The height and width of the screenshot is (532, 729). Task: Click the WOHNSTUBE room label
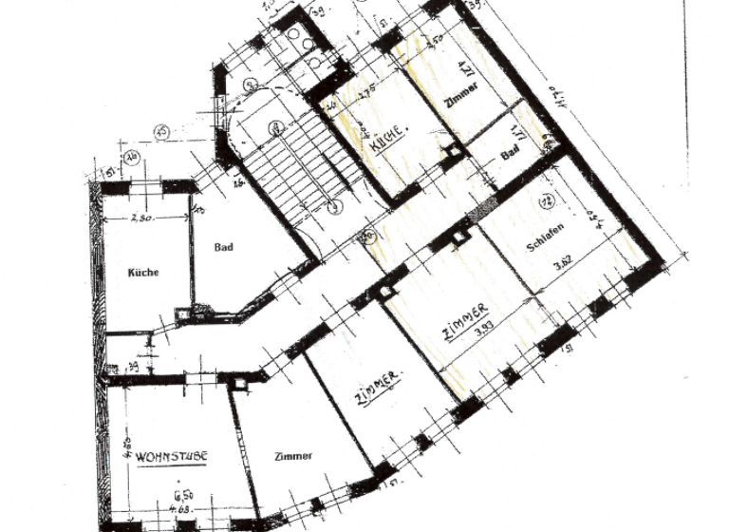click(x=171, y=457)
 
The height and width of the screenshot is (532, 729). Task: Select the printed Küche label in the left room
click(x=143, y=272)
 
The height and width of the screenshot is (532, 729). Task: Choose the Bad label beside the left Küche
click(x=224, y=247)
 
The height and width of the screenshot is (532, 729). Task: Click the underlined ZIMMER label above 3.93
click(x=465, y=321)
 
